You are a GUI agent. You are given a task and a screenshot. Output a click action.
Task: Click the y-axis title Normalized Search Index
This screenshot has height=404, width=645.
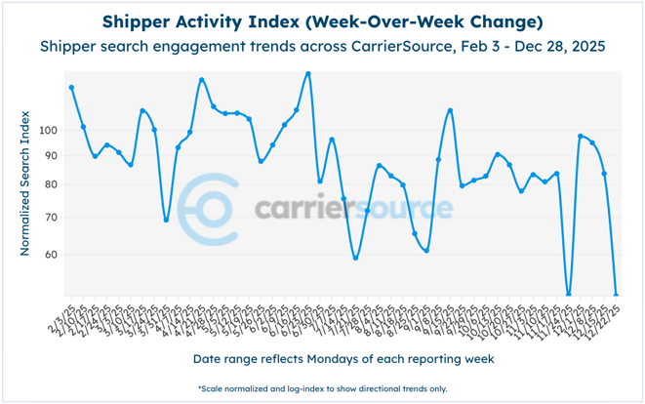24,183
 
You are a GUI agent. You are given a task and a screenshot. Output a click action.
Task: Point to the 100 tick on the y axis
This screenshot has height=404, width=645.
51,131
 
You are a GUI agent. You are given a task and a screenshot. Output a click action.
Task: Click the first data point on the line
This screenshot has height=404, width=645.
71,88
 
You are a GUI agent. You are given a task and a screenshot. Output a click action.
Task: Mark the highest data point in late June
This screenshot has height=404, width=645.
308,73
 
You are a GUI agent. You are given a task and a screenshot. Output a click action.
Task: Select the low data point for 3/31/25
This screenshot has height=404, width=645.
166,220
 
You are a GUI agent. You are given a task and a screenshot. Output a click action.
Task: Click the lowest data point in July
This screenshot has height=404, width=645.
356,258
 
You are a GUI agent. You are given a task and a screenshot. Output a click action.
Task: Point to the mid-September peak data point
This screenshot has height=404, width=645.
450,110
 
